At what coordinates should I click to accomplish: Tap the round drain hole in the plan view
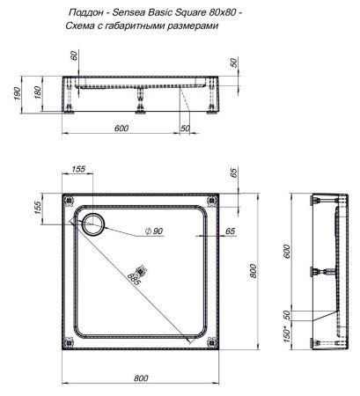coord(92,224)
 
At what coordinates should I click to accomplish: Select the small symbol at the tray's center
coord(138,272)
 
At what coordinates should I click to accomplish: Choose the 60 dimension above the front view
coord(75,55)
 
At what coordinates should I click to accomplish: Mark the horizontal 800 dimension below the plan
coord(141,378)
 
